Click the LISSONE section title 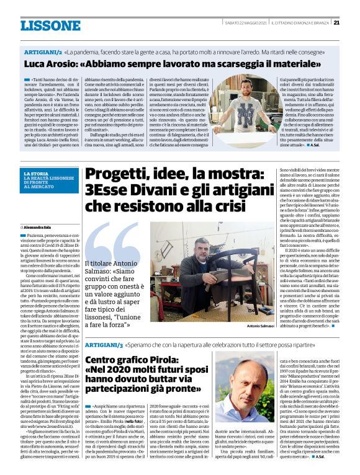click(50, 25)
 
